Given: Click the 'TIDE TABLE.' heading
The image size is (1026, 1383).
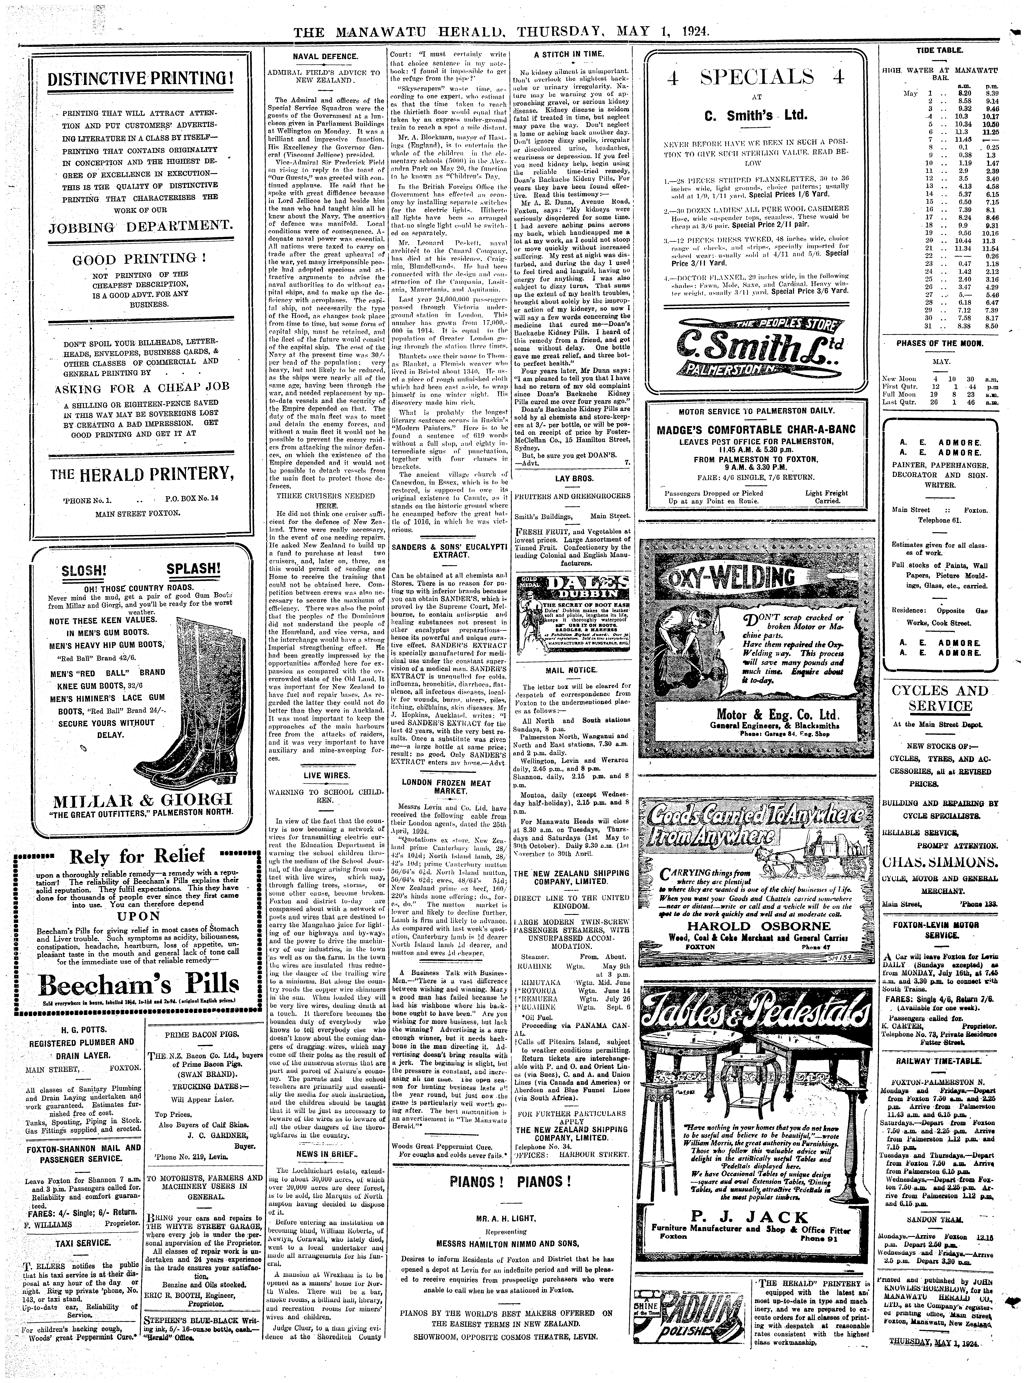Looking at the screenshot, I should [x=940, y=50].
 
